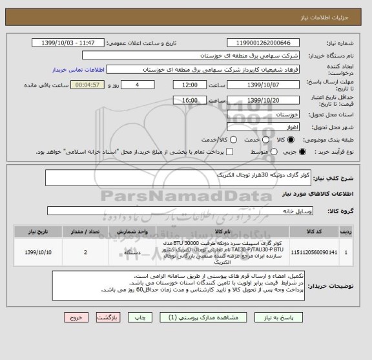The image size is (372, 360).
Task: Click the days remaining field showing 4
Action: [x=138, y=85]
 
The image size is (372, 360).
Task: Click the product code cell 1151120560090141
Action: [x=315, y=252]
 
